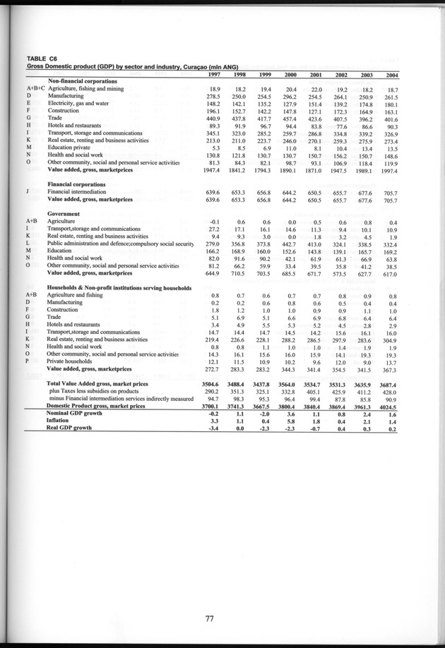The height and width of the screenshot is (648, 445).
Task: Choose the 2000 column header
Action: point(303,75)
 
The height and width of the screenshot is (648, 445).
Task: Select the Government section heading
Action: point(67,212)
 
